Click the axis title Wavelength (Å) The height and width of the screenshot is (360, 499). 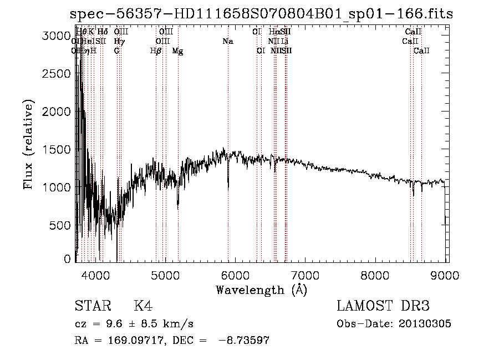[262, 290]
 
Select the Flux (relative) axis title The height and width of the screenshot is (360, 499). [29, 145]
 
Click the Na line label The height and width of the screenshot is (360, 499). [228, 42]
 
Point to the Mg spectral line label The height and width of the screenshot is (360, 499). [177, 51]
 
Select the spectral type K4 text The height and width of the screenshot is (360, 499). [143, 306]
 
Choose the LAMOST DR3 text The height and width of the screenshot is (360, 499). [383, 306]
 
